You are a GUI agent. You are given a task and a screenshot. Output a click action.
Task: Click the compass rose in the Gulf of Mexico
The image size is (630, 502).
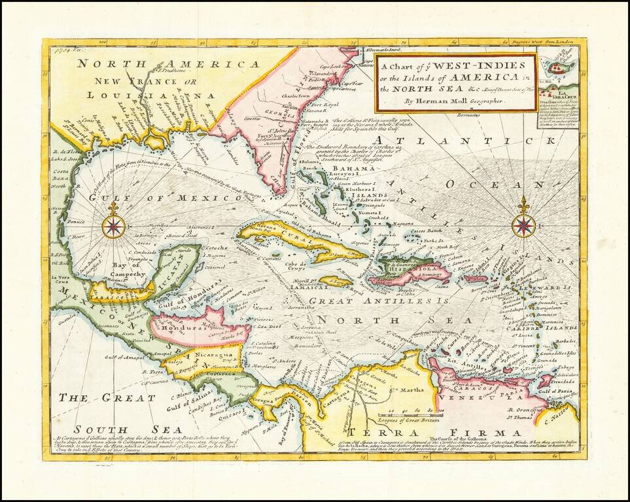114,226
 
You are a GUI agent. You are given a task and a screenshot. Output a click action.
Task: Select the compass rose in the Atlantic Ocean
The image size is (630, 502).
523,225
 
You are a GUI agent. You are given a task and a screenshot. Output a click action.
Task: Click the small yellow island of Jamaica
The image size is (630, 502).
336,282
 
